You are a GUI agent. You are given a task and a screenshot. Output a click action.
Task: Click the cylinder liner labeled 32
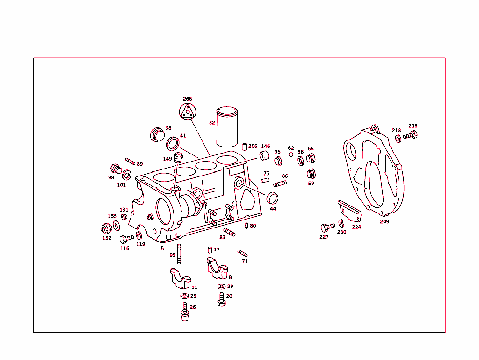tap(228, 127)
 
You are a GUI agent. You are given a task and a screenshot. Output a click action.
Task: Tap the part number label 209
tap(384, 221)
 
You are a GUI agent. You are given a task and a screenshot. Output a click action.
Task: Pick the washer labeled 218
tap(398, 139)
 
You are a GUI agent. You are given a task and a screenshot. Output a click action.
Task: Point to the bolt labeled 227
tap(327, 228)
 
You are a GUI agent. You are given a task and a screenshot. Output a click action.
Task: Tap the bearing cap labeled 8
tap(217, 268)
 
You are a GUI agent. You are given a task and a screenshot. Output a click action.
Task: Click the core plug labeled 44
tap(272, 198)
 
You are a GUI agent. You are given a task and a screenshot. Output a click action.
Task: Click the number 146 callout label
tap(265, 146)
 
